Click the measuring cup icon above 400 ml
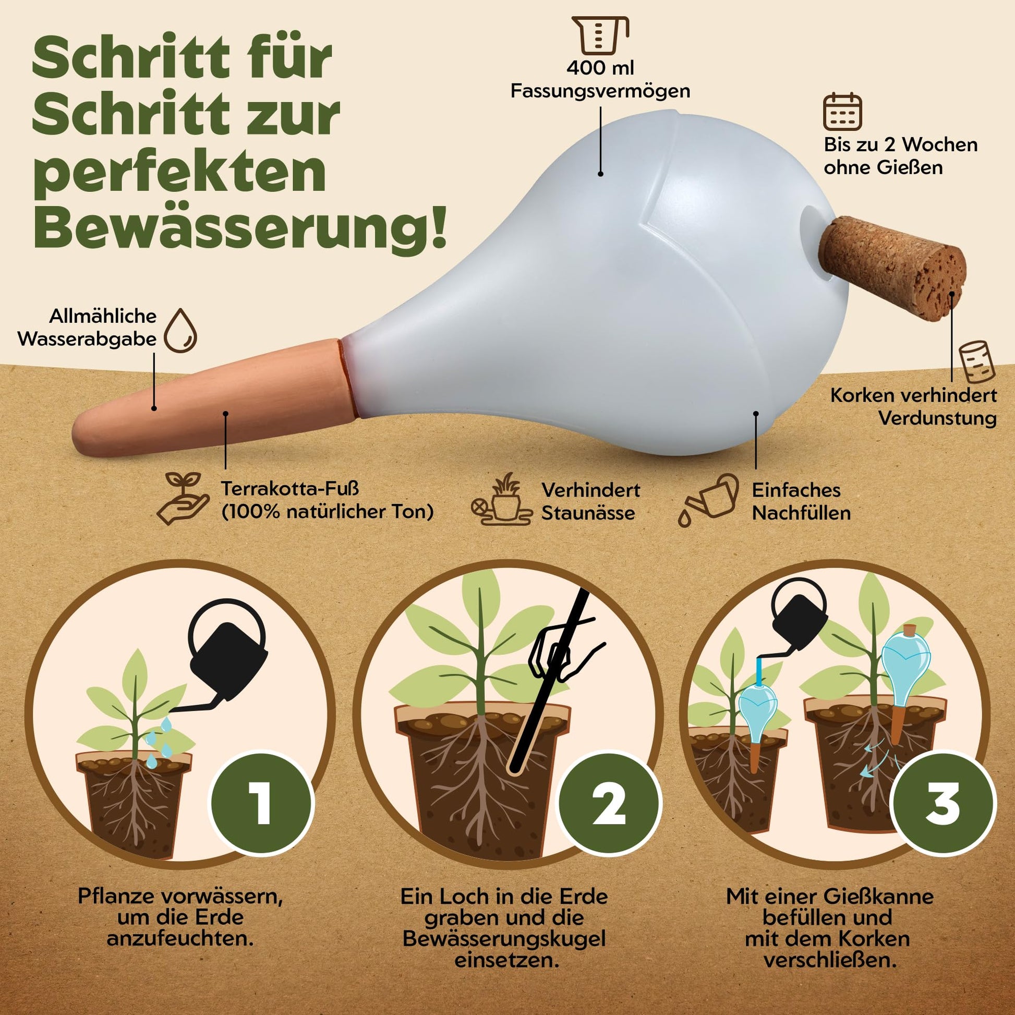click(600, 35)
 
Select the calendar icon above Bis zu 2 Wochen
click(842, 112)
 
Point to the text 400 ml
click(600, 68)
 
